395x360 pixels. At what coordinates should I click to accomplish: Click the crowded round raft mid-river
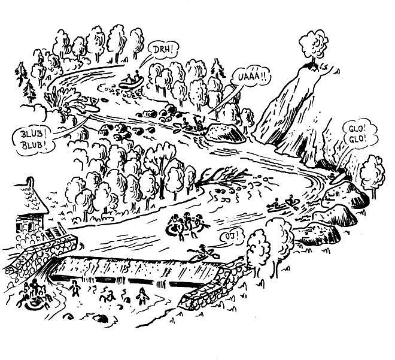tap(185, 226)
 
